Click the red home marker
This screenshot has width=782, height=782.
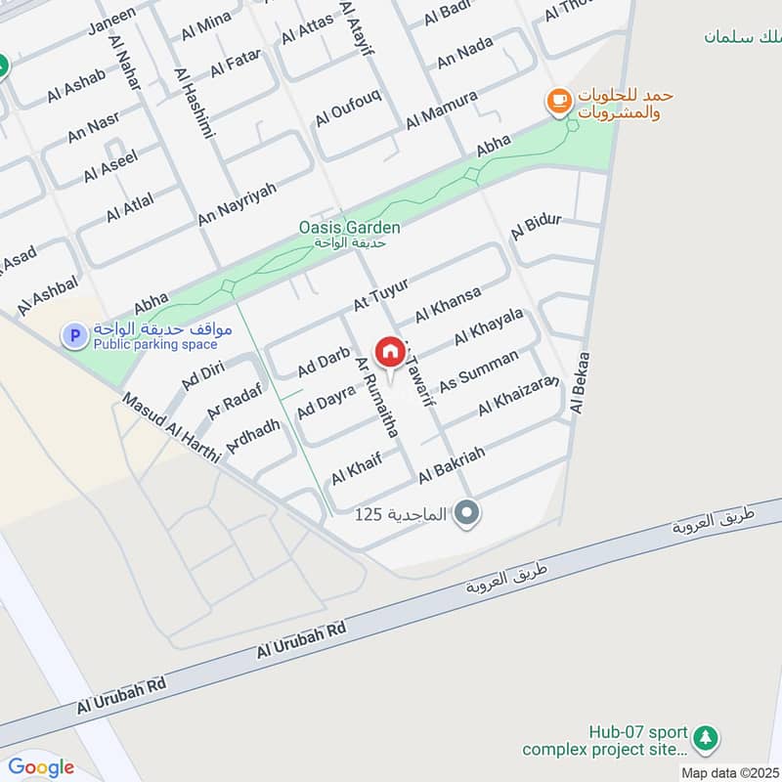point(389,351)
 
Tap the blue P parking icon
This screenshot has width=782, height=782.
point(73,336)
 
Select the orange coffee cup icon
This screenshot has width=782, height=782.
point(558,101)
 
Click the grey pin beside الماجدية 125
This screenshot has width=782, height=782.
point(468,512)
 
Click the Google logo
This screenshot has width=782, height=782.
point(41,766)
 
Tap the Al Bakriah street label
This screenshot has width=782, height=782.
point(452,461)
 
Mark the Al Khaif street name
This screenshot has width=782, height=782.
point(355,467)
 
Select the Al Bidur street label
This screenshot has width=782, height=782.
point(536,226)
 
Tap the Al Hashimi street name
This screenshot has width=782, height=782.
point(194,102)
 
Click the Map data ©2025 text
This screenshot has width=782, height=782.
point(728,772)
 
